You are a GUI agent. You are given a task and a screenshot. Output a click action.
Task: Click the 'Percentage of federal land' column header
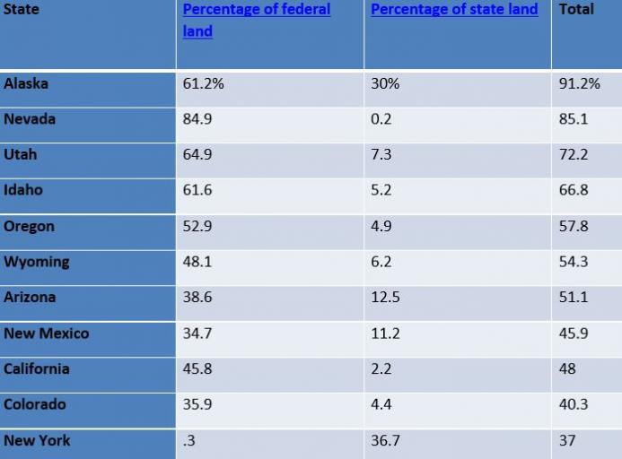[256, 20]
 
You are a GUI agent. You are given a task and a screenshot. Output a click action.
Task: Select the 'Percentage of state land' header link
[454, 10]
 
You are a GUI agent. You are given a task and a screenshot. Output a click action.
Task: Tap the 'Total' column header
[576, 10]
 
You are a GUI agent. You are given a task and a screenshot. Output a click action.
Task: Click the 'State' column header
[22, 10]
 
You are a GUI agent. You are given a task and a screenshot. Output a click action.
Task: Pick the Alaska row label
[26, 83]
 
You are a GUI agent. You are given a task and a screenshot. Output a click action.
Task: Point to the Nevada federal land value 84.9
[197, 119]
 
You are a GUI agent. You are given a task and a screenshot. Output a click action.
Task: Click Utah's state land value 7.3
[381, 155]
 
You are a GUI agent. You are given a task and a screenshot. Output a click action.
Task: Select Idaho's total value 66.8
[574, 190]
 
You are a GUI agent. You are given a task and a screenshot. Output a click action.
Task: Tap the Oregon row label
[29, 226]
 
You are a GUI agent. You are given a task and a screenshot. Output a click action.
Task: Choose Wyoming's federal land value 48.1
[197, 262]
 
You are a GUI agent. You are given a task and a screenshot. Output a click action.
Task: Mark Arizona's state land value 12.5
[385, 298]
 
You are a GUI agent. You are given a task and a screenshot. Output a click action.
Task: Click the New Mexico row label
[46, 333]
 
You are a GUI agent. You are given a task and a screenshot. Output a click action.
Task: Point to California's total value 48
[567, 368]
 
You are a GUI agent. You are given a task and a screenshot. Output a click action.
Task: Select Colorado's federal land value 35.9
[197, 404]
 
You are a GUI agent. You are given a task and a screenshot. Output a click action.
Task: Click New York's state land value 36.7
[385, 440]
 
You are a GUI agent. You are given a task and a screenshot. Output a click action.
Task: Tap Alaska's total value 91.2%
[579, 83]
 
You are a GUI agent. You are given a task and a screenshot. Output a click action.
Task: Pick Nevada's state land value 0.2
[381, 119]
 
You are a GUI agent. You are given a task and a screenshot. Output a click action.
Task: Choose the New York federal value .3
[189, 440]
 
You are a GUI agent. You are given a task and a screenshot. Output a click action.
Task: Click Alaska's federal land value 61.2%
[203, 83]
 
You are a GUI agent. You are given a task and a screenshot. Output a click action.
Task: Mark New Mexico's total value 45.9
[574, 333]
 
